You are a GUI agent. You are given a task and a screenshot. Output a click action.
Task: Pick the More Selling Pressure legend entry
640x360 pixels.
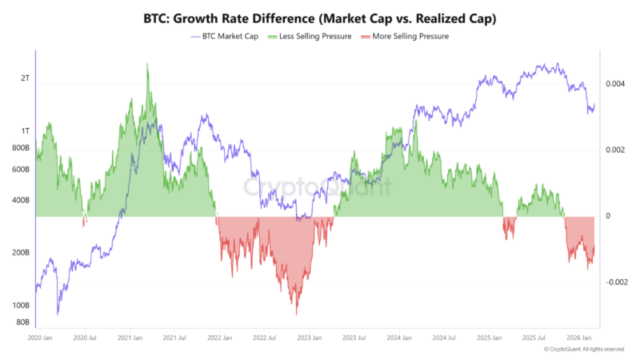click(406, 37)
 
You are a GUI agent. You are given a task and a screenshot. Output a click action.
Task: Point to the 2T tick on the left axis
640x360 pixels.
click(26, 78)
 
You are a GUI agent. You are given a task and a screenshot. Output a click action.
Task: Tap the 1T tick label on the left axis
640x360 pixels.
click(26, 131)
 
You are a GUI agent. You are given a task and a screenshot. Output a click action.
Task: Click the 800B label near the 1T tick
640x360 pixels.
click(21, 148)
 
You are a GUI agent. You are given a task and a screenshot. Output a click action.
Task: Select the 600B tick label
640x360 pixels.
click(21, 170)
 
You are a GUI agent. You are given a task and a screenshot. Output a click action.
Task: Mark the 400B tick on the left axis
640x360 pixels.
click(21, 200)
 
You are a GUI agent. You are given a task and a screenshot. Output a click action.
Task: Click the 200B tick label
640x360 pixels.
click(21, 253)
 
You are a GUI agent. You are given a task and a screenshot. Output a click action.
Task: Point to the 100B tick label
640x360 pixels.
click(21, 306)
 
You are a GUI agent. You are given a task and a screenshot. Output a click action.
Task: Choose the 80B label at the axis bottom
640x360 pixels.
click(22, 322)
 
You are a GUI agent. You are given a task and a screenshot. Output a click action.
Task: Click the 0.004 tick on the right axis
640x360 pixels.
click(615, 84)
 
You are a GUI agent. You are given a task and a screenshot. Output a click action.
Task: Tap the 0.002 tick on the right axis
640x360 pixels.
click(615, 150)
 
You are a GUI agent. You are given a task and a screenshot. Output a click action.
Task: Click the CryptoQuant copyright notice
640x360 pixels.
click(584, 350)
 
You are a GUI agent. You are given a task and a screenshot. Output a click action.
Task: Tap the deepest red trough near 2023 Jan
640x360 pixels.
click(297, 314)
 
